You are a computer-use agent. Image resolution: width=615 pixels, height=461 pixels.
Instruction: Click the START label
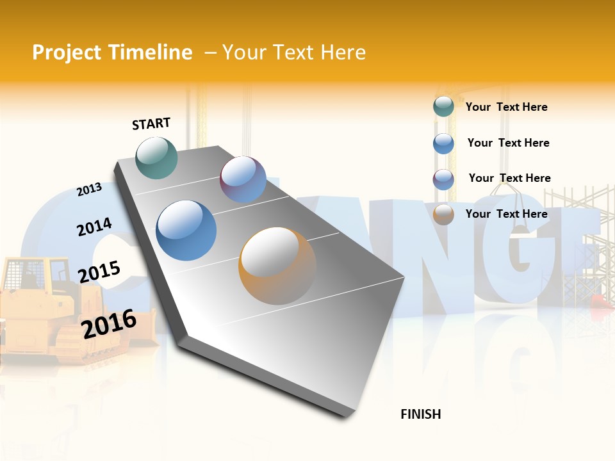pos(151,124)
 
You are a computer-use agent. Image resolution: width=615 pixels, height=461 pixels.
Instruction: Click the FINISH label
pos(420,414)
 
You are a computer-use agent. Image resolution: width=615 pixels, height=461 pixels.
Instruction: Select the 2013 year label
pos(89,190)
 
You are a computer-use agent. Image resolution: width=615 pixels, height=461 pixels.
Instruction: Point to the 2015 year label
pos(99,271)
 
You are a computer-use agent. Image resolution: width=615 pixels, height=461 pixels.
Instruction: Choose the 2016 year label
pos(110,323)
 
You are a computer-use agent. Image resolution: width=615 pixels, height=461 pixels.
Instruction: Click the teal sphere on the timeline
pos(157,158)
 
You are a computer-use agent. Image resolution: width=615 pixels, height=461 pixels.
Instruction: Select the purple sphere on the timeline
pos(243,179)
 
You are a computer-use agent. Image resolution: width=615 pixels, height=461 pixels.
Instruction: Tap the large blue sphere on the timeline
pos(186,230)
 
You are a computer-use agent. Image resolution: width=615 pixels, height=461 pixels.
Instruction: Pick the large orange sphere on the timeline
pos(277,266)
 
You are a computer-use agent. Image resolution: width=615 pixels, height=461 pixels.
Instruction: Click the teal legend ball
pos(443,107)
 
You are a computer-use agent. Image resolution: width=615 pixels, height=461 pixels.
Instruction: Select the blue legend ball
pos(443,143)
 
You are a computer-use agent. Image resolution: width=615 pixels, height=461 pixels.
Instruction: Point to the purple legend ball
pos(443,179)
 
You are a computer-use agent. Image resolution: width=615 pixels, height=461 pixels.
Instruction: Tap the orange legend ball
pos(443,214)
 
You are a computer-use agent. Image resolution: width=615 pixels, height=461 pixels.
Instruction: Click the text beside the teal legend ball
pos(506,107)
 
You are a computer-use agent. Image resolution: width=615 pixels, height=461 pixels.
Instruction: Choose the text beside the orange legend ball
pos(506,214)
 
